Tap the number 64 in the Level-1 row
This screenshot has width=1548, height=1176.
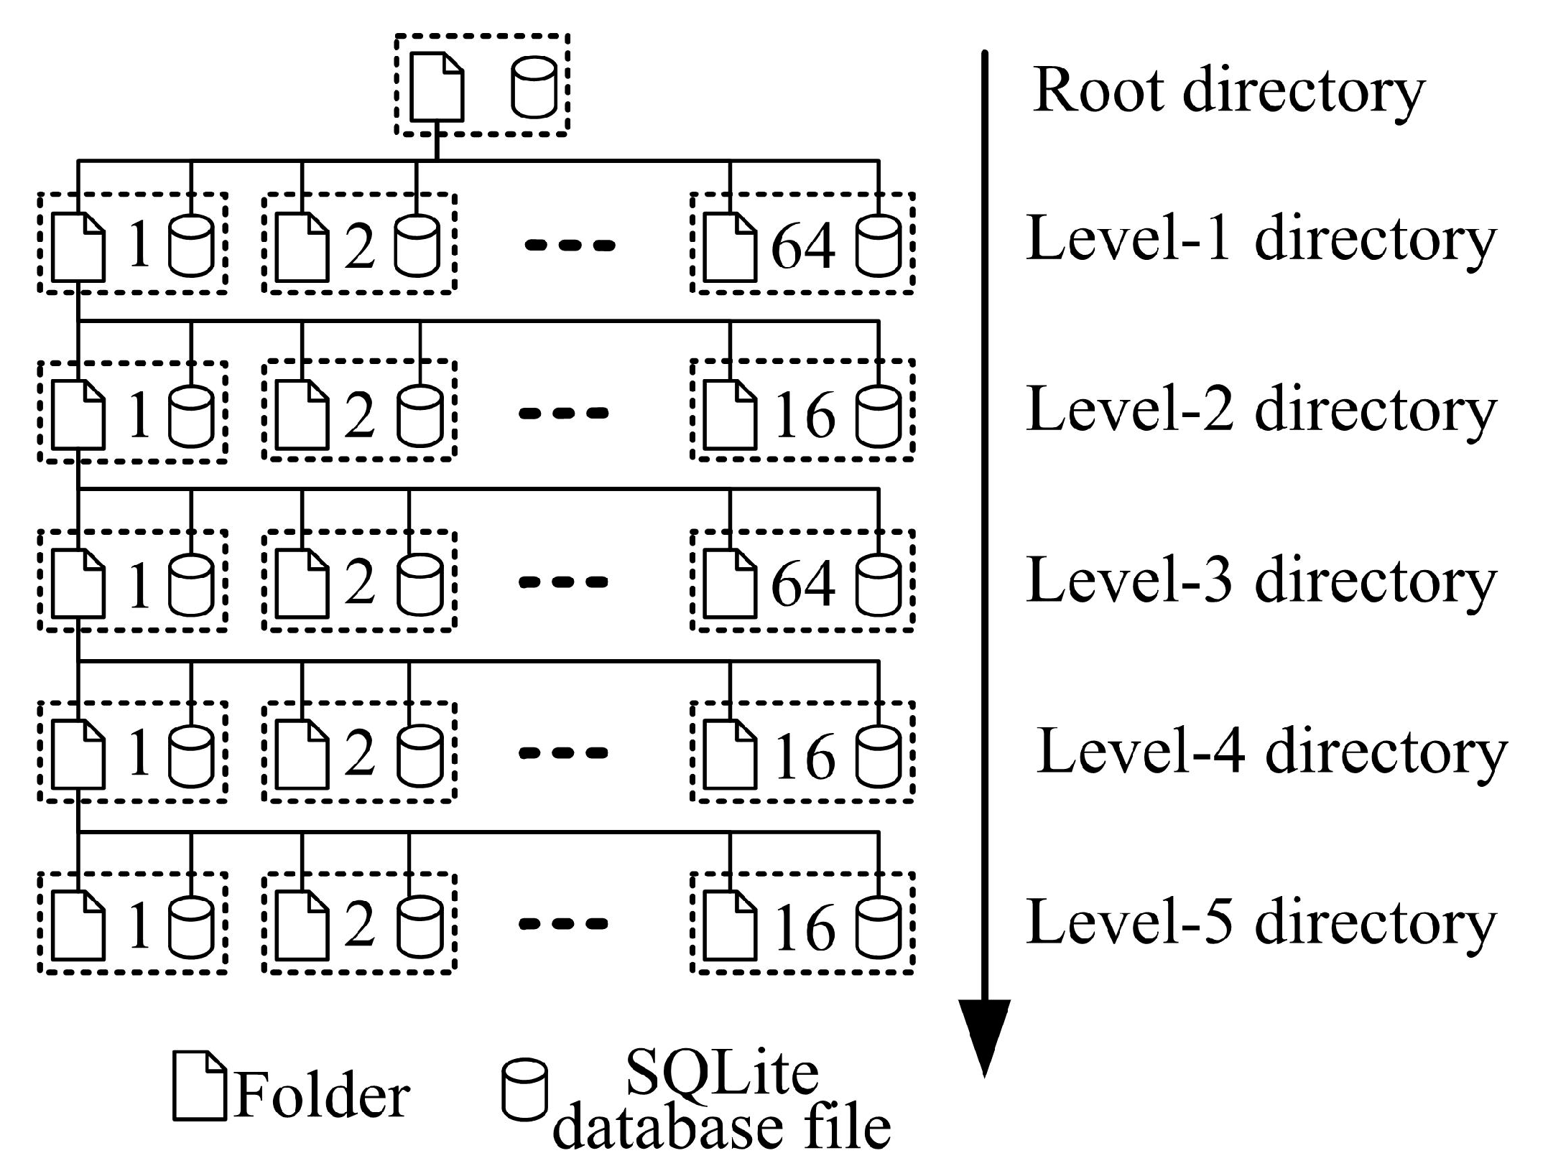(802, 246)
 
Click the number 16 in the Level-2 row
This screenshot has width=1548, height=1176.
(804, 416)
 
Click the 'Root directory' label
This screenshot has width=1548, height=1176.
(1228, 91)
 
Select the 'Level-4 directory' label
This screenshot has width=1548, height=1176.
(1271, 752)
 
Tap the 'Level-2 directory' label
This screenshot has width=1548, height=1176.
(1261, 410)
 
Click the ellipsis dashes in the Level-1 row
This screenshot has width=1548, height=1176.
(570, 246)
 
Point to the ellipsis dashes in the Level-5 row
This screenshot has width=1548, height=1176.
(564, 924)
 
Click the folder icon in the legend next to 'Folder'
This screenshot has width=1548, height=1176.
(199, 1086)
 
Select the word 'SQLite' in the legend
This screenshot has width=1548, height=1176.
(722, 1073)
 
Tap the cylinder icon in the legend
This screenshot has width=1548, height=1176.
(524, 1088)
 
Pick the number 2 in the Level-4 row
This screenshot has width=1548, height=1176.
(359, 754)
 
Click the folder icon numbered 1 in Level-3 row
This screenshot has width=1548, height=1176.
(78, 583)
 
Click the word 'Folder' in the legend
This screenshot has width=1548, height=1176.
(321, 1096)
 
